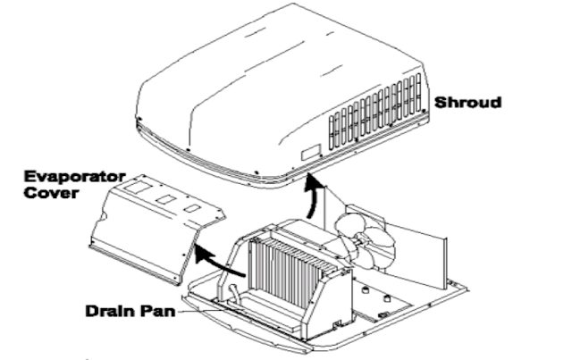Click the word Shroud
467,103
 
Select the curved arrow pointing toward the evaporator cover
215,255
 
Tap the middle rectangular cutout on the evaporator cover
165,198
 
